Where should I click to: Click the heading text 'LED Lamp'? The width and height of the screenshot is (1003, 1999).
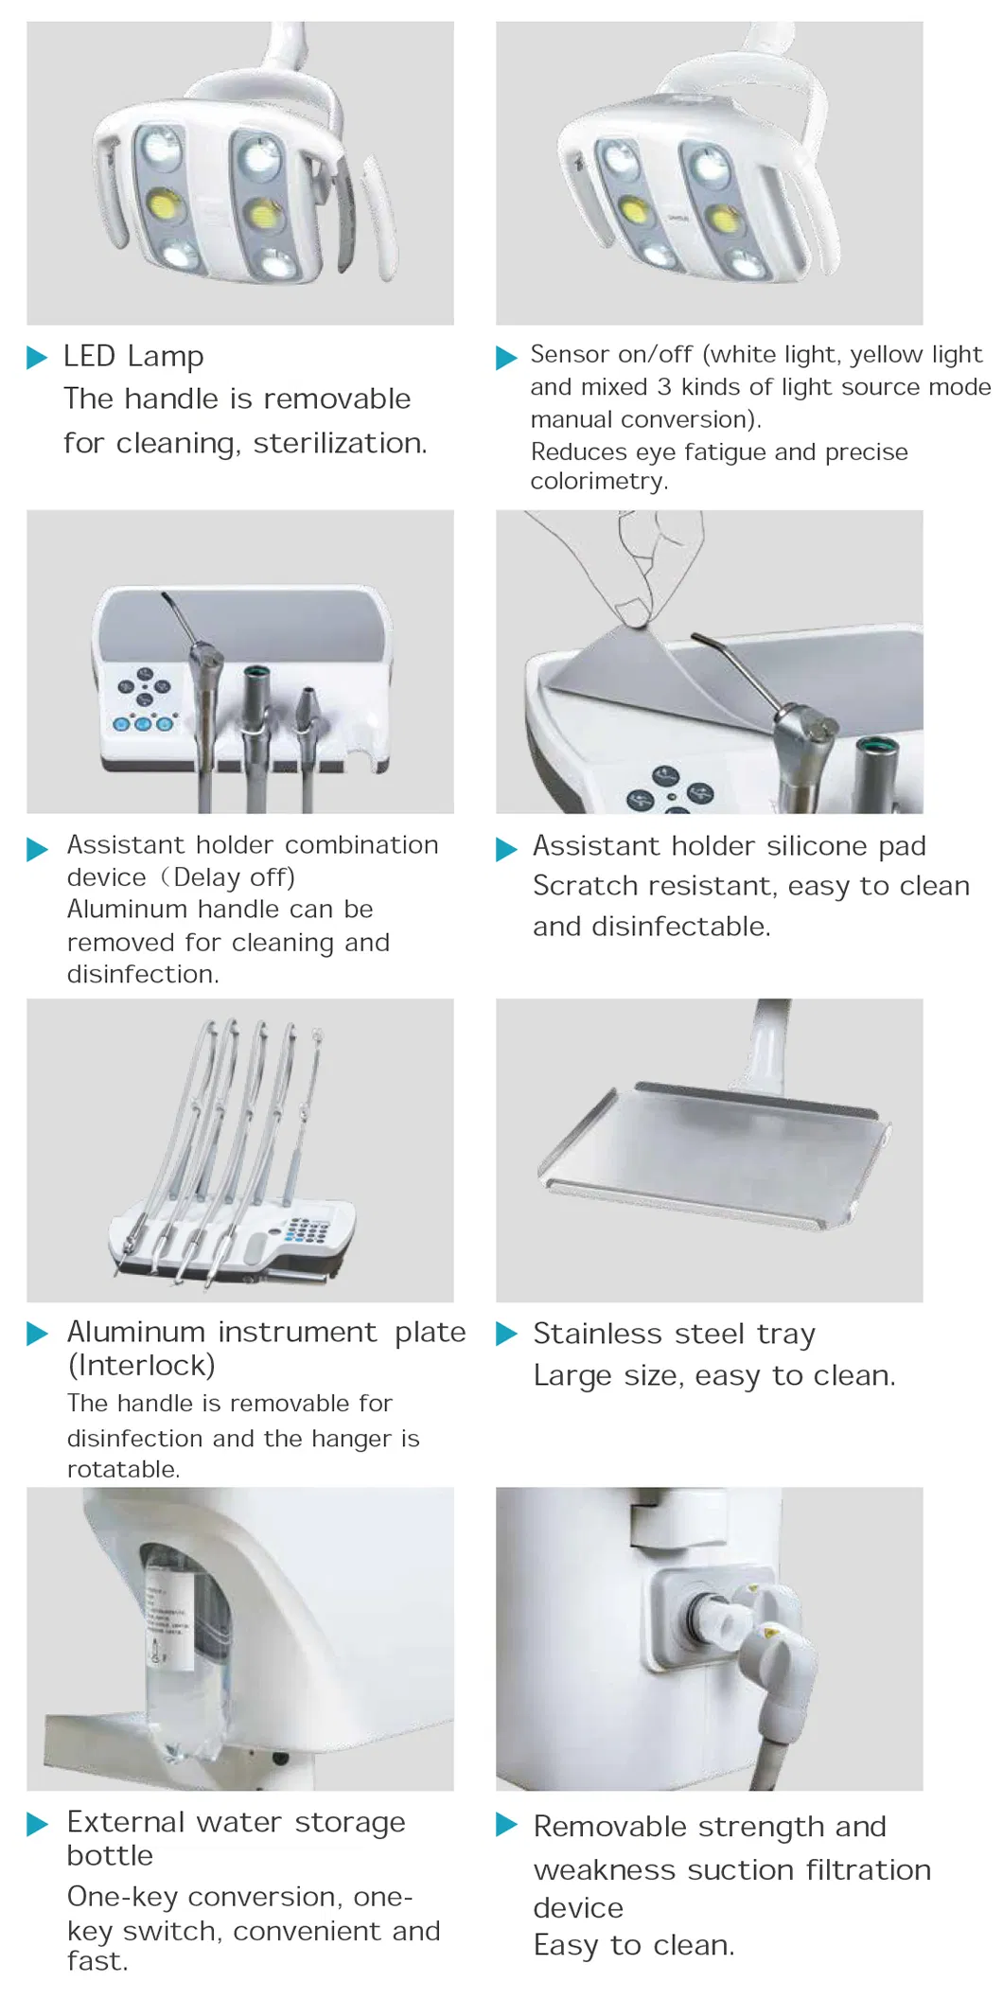(133, 357)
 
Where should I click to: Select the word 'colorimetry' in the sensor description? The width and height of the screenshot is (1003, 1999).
(596, 482)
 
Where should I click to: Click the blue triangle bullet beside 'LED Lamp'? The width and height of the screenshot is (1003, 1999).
(37, 358)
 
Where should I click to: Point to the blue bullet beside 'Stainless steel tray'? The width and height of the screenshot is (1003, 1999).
(506, 1334)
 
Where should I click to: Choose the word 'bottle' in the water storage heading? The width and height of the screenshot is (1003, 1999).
(110, 1855)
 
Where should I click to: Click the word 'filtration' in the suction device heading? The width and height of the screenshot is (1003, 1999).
(869, 1870)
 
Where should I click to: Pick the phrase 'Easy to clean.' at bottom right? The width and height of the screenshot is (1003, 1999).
(634, 1946)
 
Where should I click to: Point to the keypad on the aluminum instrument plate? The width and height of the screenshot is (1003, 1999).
(307, 1230)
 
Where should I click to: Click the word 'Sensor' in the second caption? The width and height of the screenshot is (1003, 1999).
(570, 355)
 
